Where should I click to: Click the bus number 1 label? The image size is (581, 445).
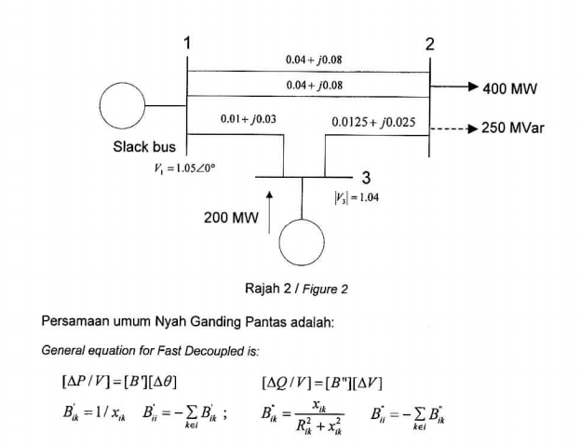[187, 43]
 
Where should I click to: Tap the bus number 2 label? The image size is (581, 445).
[429, 44]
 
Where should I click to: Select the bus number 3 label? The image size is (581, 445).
[366, 177]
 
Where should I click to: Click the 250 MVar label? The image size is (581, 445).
[513, 128]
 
